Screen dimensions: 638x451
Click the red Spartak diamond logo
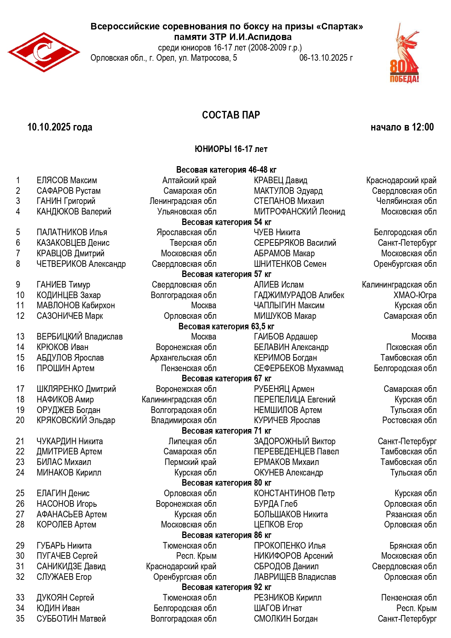point(44,52)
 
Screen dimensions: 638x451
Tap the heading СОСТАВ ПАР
point(231,115)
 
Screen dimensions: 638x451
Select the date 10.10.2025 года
point(60,127)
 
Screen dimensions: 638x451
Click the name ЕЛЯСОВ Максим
point(67,180)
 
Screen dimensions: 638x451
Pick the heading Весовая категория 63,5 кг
point(226,326)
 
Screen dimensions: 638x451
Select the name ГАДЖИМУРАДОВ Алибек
point(299,295)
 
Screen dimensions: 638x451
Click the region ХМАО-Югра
point(415,295)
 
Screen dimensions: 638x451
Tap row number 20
point(20,420)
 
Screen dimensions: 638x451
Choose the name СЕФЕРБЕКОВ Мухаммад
point(298,368)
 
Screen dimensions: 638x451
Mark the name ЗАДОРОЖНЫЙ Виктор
point(294,441)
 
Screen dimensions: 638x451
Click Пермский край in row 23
point(190,462)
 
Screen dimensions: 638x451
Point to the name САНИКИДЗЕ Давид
point(71,566)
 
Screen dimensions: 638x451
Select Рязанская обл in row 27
point(411,514)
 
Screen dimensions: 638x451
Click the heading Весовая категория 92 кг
point(226,587)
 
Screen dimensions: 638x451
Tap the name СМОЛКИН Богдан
point(286,619)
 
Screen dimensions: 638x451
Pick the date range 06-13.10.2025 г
point(326,58)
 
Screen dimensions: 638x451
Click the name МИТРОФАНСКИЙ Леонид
point(299,212)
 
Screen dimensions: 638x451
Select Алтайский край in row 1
point(189,180)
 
